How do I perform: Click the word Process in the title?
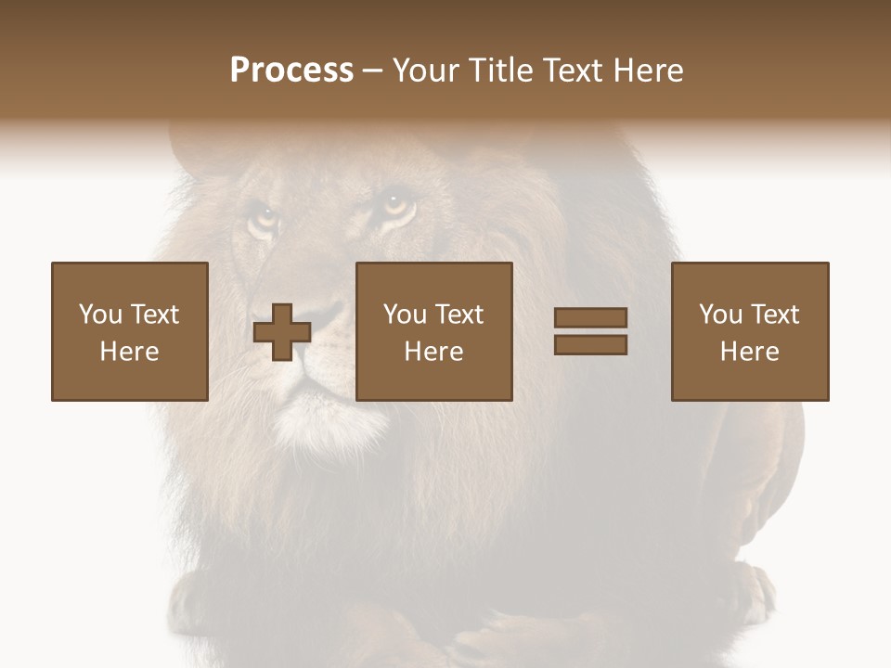[291, 71]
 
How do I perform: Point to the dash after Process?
[372, 71]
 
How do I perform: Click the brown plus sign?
[282, 332]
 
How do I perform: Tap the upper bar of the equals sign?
[590, 318]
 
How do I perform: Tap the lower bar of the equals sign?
[590, 345]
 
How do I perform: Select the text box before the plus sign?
[129, 331]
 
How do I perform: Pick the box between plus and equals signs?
[433, 331]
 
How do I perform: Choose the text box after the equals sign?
[749, 331]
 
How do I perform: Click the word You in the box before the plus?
[100, 315]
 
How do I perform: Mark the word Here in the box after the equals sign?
[749, 352]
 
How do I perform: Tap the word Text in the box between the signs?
[458, 315]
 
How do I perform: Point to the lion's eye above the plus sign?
[263, 220]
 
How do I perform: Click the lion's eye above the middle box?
[397, 202]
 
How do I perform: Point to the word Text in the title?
[573, 71]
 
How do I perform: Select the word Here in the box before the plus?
[129, 352]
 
